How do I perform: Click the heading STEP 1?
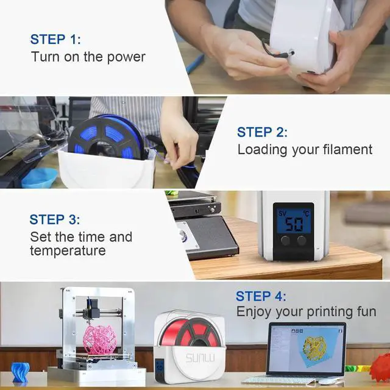pos(55,40)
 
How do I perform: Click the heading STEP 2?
pos(262,132)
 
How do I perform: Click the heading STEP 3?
pos(55,219)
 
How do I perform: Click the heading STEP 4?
pos(261,297)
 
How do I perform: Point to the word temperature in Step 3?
pos(68,250)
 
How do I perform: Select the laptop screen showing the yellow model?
pos(306,348)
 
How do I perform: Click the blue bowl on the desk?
pos(39,177)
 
